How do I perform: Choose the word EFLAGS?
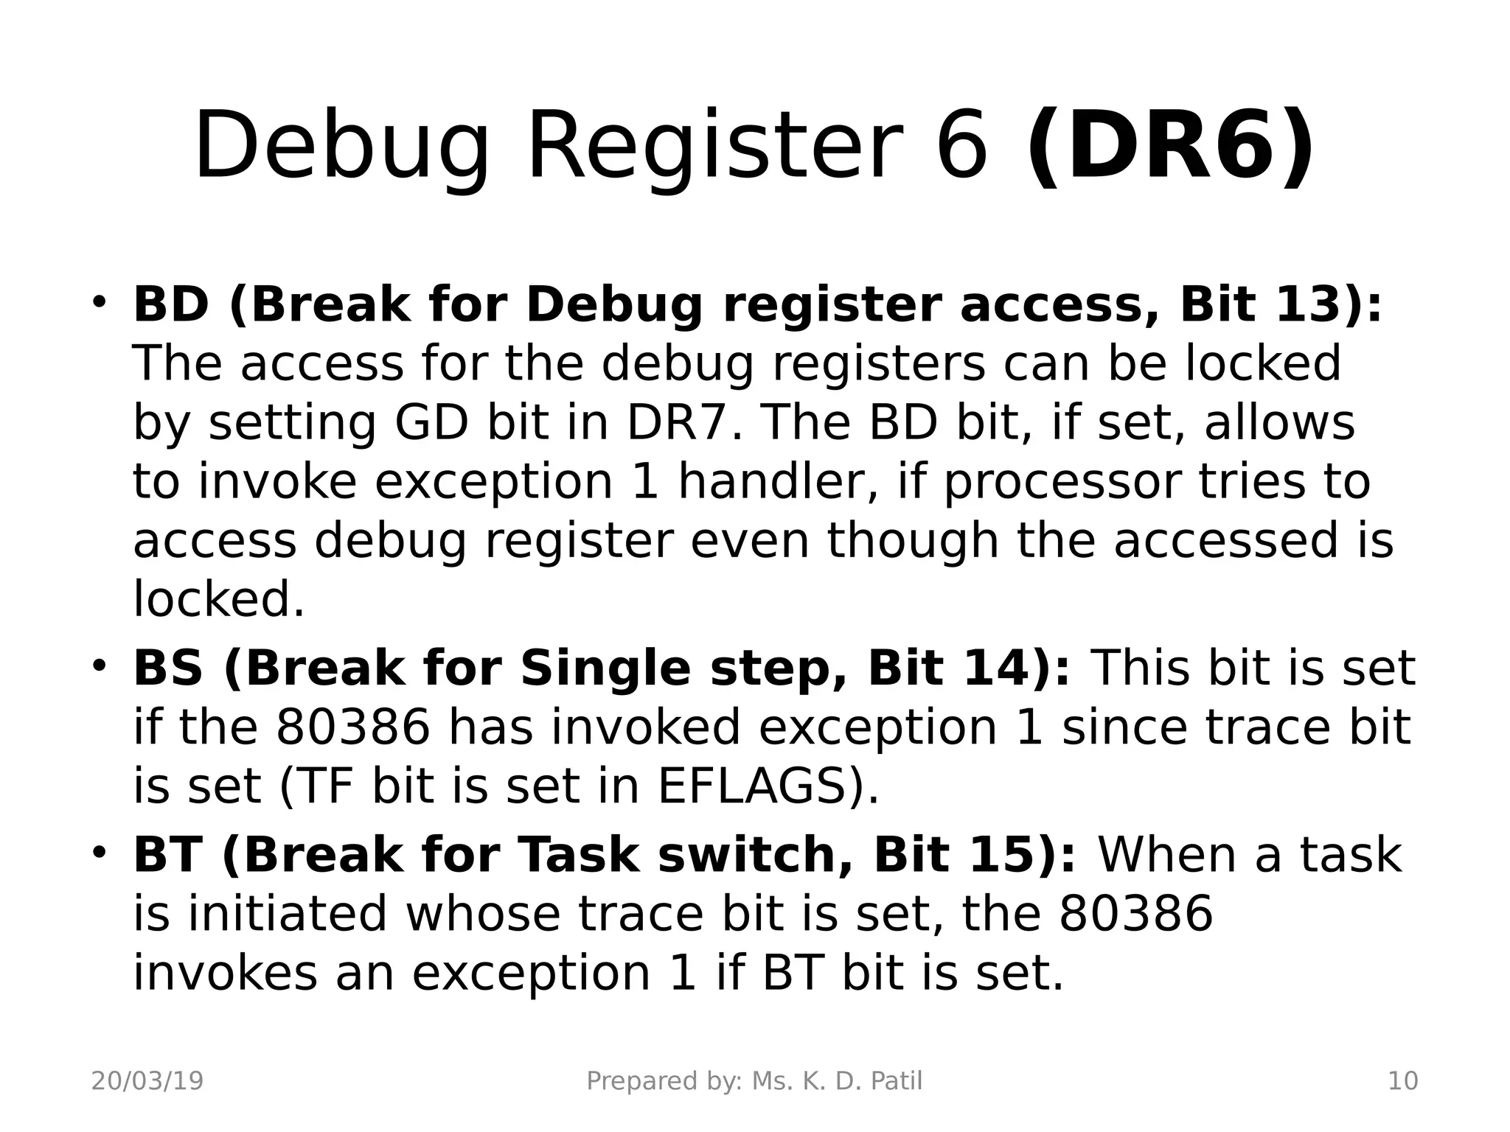point(759,786)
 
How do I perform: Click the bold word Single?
point(605,668)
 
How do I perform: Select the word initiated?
point(288,914)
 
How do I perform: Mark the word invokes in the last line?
point(225,973)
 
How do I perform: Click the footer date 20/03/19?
point(147,1081)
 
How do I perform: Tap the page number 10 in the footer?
point(1402,1081)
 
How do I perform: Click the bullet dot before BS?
point(99,665)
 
